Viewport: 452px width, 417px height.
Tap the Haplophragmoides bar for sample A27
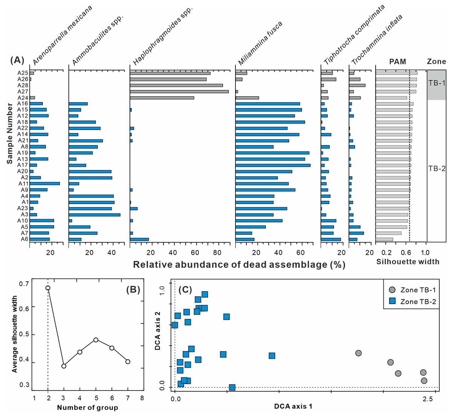(179, 92)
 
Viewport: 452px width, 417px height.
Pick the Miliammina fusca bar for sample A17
(273, 165)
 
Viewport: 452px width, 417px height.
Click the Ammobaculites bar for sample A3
(95, 215)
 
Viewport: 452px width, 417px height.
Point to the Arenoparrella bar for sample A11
(44, 183)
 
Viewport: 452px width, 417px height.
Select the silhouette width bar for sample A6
(384, 239)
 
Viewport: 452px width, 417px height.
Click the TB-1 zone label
(436, 83)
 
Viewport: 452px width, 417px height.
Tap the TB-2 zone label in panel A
(436, 168)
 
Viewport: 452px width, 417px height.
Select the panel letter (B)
(133, 289)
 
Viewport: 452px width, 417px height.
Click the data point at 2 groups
(48, 288)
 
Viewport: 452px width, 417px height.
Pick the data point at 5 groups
(96, 340)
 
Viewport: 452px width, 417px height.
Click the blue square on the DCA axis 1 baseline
(232, 387)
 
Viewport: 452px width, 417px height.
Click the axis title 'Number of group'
(87, 408)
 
